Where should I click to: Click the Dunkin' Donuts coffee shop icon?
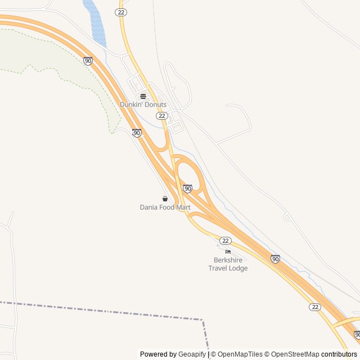[143, 96]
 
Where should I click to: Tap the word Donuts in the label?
[155, 105]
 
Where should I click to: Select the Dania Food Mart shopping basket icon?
[165, 199]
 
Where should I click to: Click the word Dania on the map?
[149, 208]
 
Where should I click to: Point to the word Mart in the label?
[183, 208]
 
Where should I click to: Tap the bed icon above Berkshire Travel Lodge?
[228, 251]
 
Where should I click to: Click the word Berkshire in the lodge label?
[228, 260]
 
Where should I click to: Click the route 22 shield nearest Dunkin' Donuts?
[162, 115]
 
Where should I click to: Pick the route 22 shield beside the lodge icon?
[226, 240]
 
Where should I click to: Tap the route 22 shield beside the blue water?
[121, 12]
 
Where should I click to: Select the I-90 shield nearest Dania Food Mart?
[187, 188]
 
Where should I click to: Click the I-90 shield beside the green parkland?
[88, 61]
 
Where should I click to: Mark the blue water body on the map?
[96, 22]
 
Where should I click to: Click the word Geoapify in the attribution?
[192, 354]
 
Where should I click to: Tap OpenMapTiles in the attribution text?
[240, 354]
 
